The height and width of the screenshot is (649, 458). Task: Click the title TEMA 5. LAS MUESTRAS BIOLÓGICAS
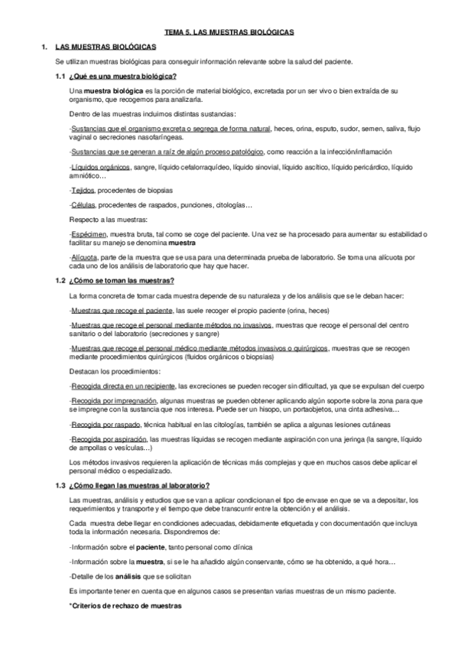pos(229,32)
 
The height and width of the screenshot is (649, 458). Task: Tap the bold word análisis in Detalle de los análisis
pos(129,576)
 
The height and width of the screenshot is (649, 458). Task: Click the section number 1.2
pos(60,281)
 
